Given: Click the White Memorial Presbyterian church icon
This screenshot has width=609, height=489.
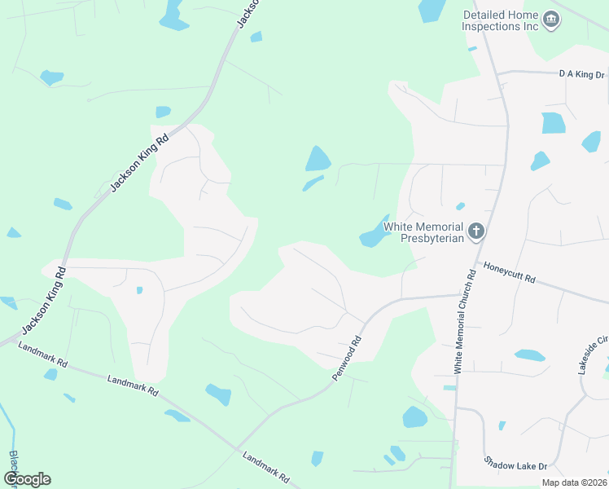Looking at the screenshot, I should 476,231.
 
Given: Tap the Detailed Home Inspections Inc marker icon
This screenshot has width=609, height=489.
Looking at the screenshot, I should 551,19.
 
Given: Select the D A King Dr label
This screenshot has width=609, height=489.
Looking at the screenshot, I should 582,75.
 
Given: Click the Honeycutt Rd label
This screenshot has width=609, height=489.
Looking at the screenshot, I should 509,272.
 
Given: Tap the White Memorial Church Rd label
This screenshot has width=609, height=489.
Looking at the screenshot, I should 464,322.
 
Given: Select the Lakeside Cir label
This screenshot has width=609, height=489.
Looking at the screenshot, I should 592,355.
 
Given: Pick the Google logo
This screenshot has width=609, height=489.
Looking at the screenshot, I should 27,478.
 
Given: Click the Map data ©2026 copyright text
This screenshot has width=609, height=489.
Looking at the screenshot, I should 574,482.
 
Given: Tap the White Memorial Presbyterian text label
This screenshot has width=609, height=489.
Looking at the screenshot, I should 423,232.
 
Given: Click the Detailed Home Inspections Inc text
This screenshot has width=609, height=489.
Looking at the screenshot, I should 500,20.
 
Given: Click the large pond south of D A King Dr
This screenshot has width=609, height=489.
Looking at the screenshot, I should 553,123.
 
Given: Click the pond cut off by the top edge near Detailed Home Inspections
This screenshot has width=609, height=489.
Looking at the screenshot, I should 432,10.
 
